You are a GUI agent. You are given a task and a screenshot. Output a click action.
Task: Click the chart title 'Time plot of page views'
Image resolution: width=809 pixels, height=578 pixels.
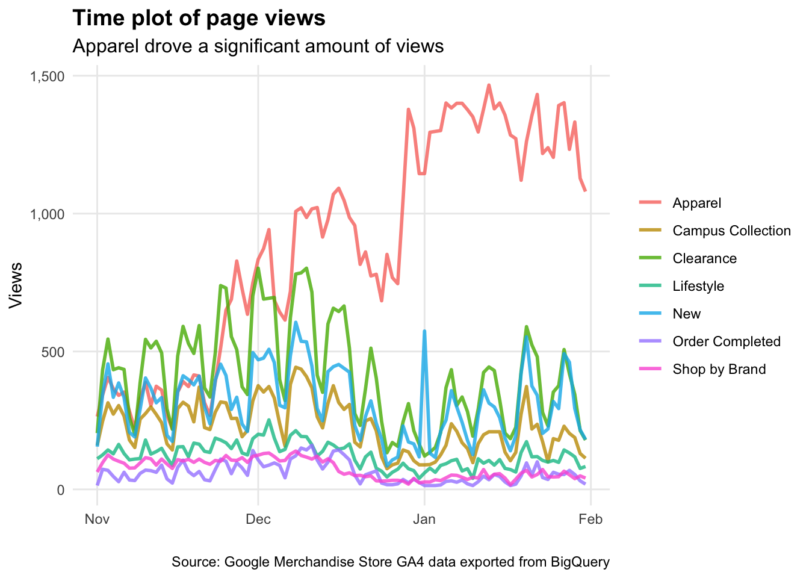click(x=199, y=19)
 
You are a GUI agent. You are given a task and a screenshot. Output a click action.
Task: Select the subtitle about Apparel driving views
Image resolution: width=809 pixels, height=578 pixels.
click(x=258, y=46)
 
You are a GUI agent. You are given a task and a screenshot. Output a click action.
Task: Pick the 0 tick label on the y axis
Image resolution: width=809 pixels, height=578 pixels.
click(x=61, y=489)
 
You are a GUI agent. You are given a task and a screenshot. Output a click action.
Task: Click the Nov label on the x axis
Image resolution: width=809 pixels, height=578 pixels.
click(x=97, y=519)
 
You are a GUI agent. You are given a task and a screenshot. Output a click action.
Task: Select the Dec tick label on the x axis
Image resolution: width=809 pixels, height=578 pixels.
click(x=258, y=519)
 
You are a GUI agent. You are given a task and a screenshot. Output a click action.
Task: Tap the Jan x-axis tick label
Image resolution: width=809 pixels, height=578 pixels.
click(x=424, y=519)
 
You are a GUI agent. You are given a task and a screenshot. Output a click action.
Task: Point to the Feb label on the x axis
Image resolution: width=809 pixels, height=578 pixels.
click(x=590, y=519)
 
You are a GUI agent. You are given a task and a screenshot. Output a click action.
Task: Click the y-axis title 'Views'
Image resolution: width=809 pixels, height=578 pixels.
click(x=16, y=285)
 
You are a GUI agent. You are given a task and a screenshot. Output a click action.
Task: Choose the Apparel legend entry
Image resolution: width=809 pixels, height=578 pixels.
click(x=696, y=203)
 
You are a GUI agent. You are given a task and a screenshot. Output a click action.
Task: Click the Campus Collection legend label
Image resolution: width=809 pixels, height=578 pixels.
click(x=731, y=231)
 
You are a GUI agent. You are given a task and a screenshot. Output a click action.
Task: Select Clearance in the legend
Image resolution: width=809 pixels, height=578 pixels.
click(x=704, y=258)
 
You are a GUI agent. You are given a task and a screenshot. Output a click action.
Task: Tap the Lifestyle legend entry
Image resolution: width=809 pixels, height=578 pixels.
click(x=698, y=286)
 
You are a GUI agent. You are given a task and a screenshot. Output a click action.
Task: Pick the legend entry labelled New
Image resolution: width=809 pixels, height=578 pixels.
click(x=686, y=314)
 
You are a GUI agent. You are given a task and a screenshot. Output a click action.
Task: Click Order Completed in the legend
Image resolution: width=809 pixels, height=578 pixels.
click(x=726, y=341)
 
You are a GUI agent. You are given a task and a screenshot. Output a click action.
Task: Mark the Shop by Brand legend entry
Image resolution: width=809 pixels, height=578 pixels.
click(x=719, y=369)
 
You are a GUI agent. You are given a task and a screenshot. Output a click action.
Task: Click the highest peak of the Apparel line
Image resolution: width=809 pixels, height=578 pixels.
click(x=489, y=85)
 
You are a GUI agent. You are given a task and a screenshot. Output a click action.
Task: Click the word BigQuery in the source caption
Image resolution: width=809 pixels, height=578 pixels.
click(x=580, y=562)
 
